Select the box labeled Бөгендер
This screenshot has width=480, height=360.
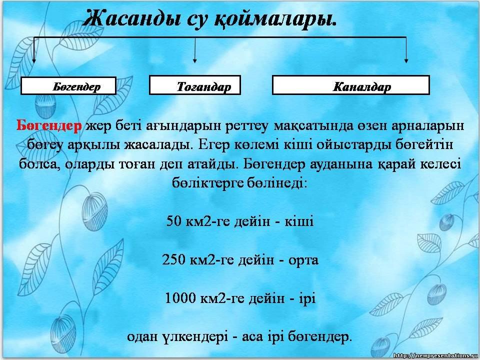68,85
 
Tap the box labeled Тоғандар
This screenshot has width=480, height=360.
194,85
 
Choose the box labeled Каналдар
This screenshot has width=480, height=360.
351,85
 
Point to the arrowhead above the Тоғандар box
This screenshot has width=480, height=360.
194,60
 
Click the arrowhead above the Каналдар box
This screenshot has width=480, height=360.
406,60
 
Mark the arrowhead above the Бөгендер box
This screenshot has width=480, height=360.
34,60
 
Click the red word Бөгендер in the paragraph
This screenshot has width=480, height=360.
49,125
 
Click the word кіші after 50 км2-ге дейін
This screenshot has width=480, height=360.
299,220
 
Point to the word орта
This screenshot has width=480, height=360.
303,260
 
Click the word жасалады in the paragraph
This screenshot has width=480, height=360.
158,145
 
